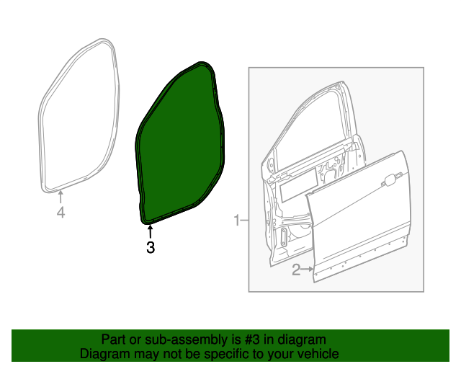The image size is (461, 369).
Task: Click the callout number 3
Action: (x=151, y=247)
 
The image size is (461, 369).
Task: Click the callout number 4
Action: (x=61, y=212)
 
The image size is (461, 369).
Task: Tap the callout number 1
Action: (x=237, y=220)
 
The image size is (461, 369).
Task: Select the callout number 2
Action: (x=296, y=270)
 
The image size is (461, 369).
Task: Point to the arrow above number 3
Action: (x=151, y=232)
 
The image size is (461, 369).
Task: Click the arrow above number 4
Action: (x=61, y=197)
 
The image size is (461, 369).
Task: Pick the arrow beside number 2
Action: (x=308, y=269)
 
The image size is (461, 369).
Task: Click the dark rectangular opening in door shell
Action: (x=298, y=184)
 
